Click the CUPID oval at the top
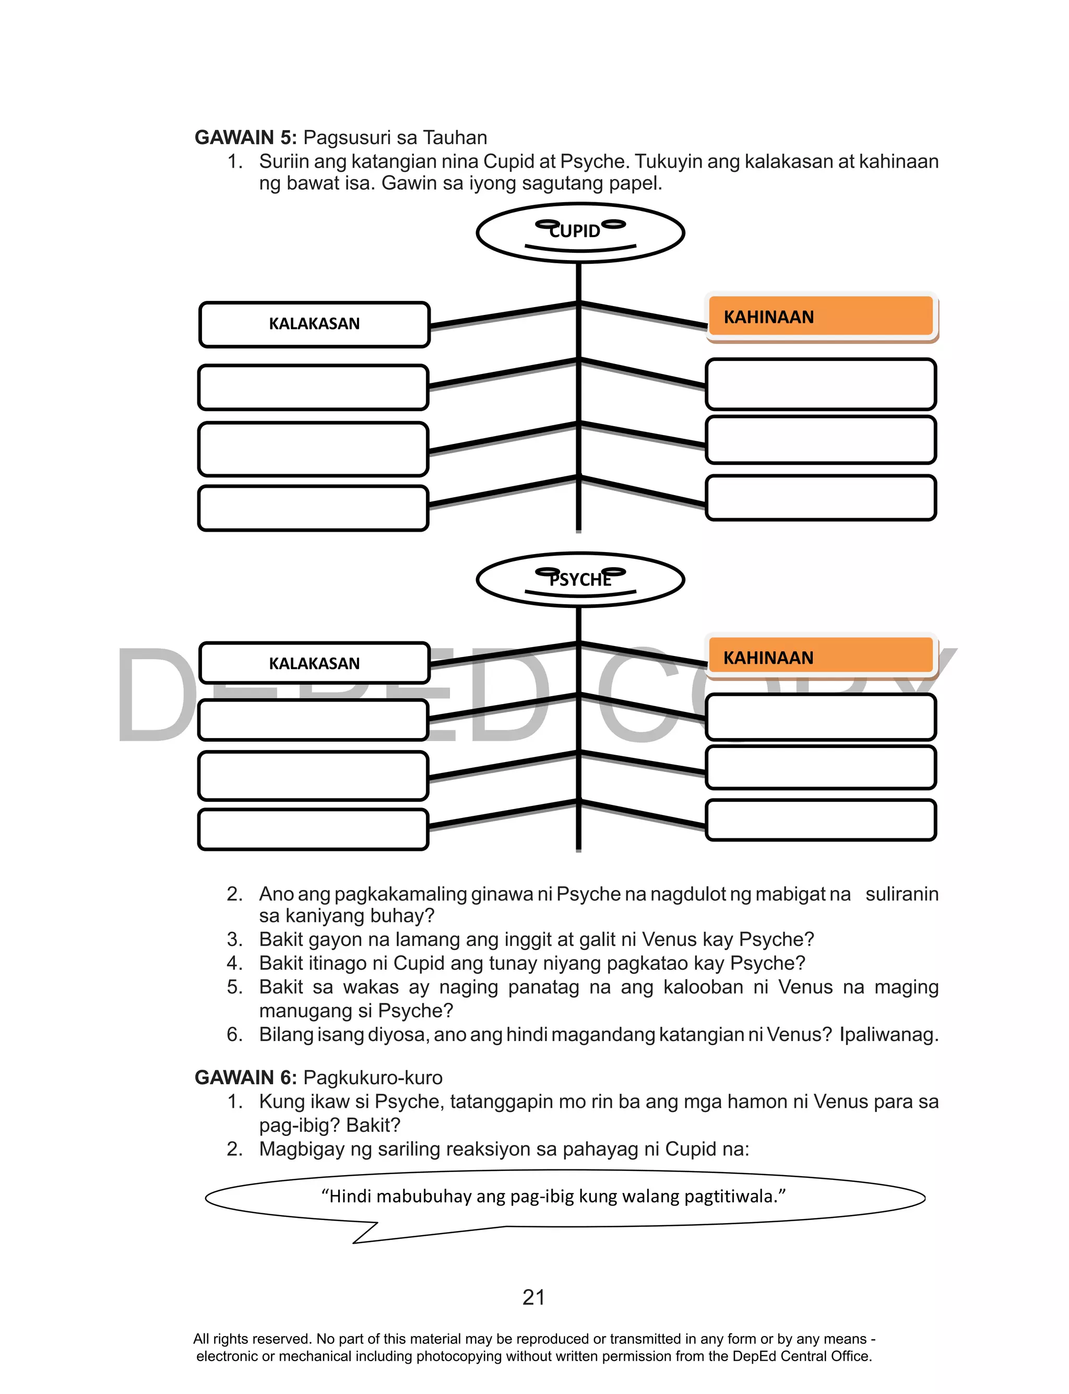(580, 232)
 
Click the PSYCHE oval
(580, 579)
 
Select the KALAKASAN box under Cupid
(314, 324)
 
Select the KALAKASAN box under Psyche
(314, 663)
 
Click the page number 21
(533, 1297)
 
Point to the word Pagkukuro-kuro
(373, 1077)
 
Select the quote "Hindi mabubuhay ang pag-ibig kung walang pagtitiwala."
(554, 1196)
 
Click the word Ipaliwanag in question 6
(888, 1034)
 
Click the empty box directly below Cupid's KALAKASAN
(313, 387)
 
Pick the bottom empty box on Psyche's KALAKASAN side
(313, 829)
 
